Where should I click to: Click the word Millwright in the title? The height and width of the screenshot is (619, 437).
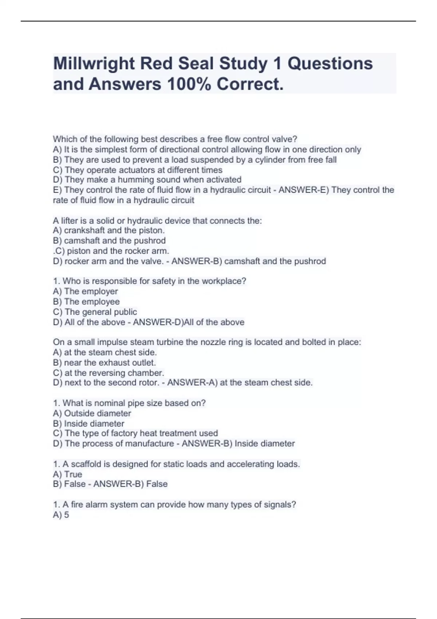tap(94, 64)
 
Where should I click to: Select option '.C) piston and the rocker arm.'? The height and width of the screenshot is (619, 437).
tap(111, 251)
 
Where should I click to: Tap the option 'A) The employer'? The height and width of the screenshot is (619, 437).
tap(85, 291)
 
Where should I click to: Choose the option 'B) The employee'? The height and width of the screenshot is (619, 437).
tap(86, 301)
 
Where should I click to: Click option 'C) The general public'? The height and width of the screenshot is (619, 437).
tap(95, 312)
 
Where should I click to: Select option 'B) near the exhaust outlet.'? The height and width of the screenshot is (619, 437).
tap(104, 363)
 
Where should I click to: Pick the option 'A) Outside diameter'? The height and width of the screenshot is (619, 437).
tap(92, 413)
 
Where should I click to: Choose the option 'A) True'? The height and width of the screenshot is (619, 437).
tap(67, 474)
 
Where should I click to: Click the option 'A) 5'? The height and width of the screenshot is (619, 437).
tap(61, 514)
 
